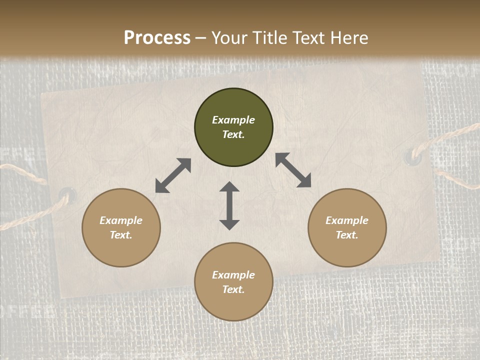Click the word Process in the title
click(157, 38)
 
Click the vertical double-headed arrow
click(229, 205)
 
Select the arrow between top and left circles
click(173, 175)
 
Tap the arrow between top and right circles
click(293, 170)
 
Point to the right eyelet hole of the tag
click(413, 155)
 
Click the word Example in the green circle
click(233, 120)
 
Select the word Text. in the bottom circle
click(233, 289)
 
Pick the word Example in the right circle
click(347, 220)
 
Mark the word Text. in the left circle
click(121, 235)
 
